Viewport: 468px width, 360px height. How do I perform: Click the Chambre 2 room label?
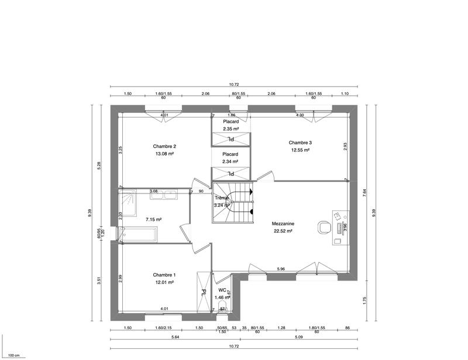coord(164,146)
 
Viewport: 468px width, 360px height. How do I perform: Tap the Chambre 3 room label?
coord(300,142)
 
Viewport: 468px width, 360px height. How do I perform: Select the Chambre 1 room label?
coord(164,275)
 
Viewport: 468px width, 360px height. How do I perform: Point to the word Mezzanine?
coord(283,223)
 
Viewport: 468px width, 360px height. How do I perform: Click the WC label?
coord(222,290)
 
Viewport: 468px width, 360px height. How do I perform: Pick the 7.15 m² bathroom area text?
coord(153,220)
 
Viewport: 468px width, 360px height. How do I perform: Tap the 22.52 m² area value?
coord(283,231)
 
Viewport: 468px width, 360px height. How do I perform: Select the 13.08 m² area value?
coord(164,154)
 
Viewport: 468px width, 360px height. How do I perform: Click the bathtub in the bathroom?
coord(138,235)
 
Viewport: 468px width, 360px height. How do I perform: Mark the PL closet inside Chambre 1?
coord(204,292)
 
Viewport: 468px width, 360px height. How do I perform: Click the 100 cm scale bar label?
coord(14,355)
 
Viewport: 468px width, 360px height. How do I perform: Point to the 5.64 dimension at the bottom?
coord(175,337)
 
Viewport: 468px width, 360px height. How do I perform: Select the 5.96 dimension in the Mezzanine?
coord(281,269)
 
